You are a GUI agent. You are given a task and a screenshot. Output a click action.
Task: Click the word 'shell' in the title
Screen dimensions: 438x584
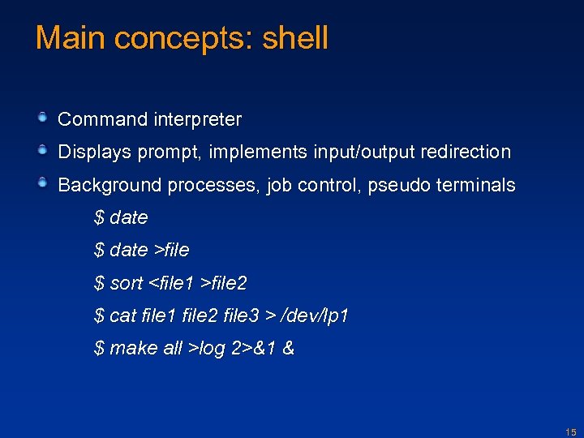pyautogui.click(x=295, y=38)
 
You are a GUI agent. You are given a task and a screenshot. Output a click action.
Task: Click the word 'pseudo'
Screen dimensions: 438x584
pyautogui.click(x=399, y=185)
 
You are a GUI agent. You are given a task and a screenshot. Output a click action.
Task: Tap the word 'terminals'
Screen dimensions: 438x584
pyautogui.click(x=475, y=185)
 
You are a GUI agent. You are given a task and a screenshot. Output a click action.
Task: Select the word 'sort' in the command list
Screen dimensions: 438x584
pyautogui.click(x=126, y=283)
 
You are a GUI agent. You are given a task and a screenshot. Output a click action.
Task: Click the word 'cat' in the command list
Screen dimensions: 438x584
pyautogui.click(x=122, y=316)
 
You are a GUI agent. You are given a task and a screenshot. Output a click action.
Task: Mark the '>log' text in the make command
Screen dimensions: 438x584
pyautogui.click(x=207, y=348)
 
